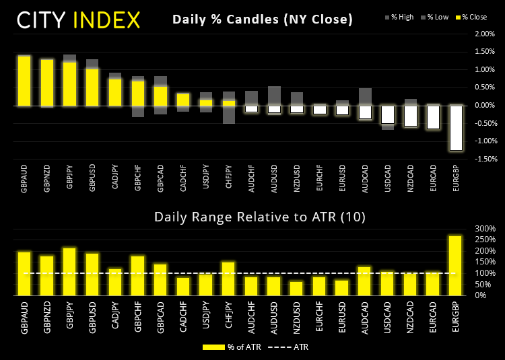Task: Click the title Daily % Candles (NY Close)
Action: (263, 20)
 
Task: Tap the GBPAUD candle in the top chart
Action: (24, 81)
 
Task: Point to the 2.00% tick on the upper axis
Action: (483, 52)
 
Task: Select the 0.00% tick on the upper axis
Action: (483, 106)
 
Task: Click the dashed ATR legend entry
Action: (290, 347)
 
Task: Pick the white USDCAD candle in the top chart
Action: (388, 114)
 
